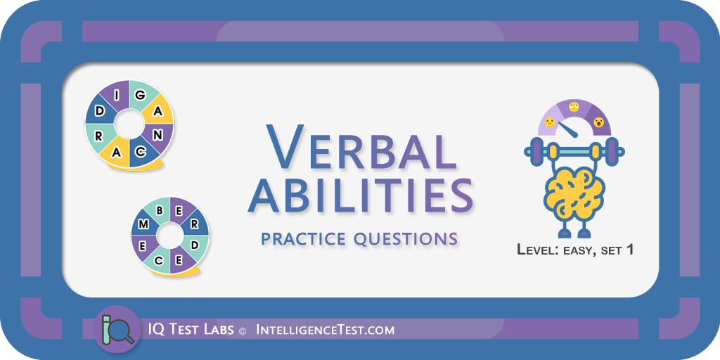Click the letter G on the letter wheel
pos(141,95)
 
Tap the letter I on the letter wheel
pos(117,95)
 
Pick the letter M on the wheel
pos(143,224)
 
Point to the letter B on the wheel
pos(160,211)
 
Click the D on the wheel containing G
pos(99,111)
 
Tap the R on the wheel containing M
pos(194,224)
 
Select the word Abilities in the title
pos(361,196)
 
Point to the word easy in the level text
pos(577,251)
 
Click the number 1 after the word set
pos(629,250)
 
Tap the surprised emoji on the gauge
pos(598,122)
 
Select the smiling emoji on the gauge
pos(550,122)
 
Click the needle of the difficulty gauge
pos(568,129)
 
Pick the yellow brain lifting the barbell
pos(574,190)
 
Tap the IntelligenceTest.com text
pos(325,330)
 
